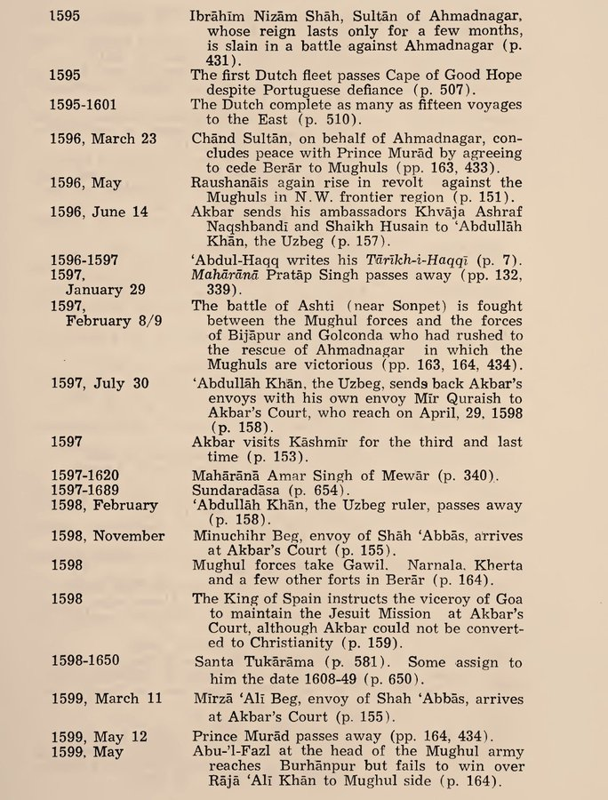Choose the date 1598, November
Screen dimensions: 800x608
pos(108,535)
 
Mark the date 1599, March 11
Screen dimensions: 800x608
pos(106,698)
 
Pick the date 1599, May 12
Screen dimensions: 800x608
pos(98,737)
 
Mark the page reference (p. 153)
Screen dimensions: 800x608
pos(279,457)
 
